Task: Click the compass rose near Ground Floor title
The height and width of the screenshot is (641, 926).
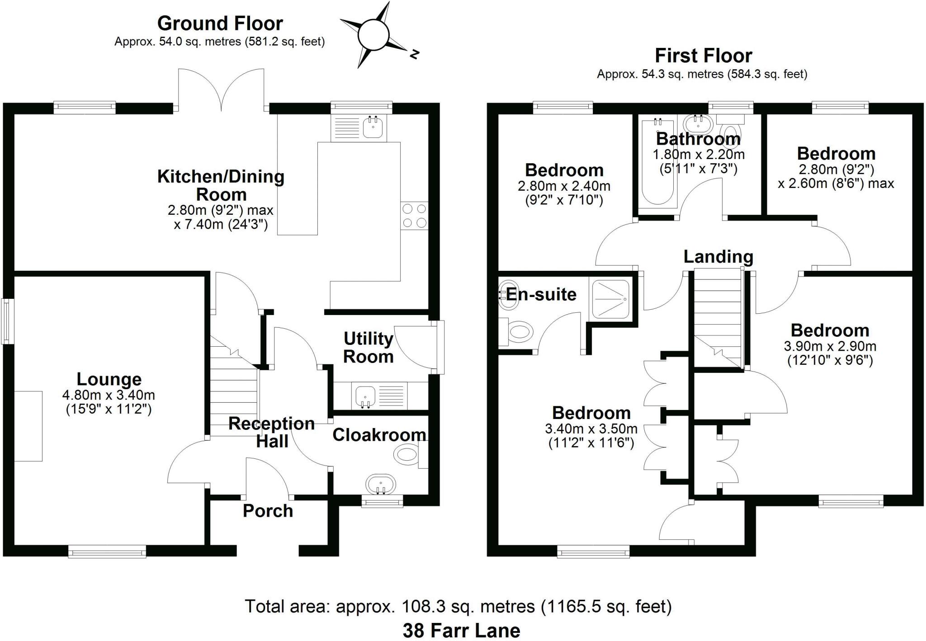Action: tap(373, 35)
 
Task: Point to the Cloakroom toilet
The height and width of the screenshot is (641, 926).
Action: tap(406, 453)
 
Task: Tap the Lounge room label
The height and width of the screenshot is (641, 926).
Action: tap(109, 379)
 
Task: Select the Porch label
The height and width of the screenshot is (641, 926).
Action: tap(268, 511)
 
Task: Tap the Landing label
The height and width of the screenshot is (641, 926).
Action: tap(718, 256)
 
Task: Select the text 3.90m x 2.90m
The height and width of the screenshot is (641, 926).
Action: tap(830, 347)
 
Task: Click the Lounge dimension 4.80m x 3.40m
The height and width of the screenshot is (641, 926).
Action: tap(109, 395)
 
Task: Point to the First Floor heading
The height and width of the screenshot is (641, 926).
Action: tap(703, 56)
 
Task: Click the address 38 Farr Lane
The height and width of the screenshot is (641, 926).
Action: tap(461, 630)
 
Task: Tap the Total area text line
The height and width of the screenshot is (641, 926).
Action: tap(458, 606)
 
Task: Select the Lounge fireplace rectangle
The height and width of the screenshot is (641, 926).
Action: tap(28, 426)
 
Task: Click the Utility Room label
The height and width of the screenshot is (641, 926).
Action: tap(368, 347)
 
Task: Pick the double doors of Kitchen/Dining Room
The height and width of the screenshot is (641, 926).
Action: tap(221, 90)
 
